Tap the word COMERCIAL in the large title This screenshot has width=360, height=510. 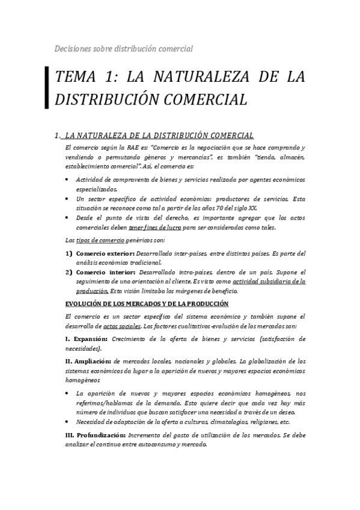point(200,99)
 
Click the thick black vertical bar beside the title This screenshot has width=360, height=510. point(47,88)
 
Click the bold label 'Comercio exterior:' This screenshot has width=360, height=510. point(106,253)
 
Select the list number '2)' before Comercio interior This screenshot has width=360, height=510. point(69,272)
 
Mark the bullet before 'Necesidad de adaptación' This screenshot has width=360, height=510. point(66,421)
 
